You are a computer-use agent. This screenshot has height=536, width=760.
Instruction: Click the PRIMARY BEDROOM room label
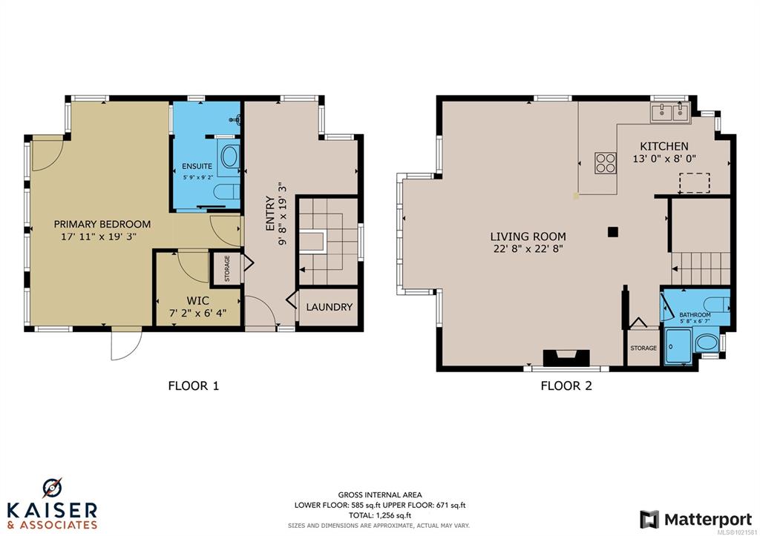[x=102, y=224]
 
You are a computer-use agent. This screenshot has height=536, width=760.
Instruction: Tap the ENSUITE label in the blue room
[x=197, y=166]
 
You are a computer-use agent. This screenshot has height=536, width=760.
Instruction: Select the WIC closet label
[x=197, y=301]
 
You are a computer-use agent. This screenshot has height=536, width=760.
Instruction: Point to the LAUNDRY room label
[x=329, y=307]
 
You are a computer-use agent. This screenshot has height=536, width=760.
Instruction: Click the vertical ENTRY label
[x=270, y=213]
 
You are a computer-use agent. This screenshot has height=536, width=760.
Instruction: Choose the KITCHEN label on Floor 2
[x=664, y=146]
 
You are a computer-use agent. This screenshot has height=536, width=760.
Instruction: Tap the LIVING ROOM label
[x=528, y=236]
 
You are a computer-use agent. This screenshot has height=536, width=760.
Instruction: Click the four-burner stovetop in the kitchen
[x=606, y=162]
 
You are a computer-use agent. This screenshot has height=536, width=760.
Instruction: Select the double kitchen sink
[x=671, y=113]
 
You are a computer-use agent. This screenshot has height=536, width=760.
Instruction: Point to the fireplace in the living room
[x=566, y=358]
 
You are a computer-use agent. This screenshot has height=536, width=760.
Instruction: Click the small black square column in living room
[x=613, y=232]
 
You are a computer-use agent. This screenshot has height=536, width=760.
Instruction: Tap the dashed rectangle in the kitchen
[x=695, y=182]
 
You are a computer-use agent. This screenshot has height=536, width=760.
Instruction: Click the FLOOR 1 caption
[x=194, y=386]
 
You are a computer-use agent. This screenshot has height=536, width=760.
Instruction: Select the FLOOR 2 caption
[x=566, y=386]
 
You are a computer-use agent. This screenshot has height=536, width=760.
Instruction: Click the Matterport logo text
[x=708, y=520]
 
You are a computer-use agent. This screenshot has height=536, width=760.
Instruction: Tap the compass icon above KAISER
[x=53, y=488]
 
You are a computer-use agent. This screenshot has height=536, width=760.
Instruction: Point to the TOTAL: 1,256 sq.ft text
[x=379, y=515]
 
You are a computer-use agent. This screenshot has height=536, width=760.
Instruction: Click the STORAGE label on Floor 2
[x=643, y=348]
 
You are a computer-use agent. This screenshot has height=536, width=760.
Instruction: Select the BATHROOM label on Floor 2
[x=695, y=315]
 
